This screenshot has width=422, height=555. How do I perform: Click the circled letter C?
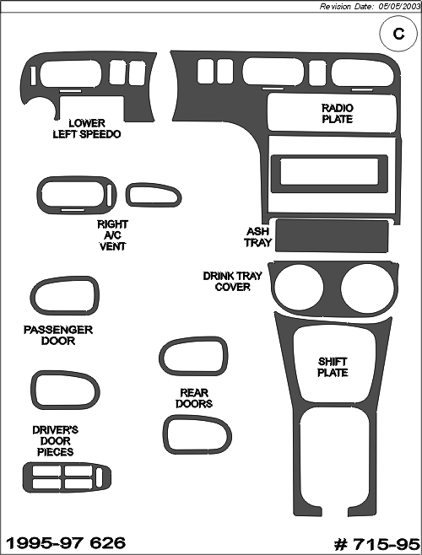(x=398, y=34)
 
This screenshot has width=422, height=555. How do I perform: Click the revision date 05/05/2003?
(x=398, y=7)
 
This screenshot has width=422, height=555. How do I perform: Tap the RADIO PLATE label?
(x=338, y=113)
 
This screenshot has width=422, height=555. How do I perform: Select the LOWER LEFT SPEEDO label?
(x=87, y=128)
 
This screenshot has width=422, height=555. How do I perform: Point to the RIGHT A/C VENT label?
(x=113, y=235)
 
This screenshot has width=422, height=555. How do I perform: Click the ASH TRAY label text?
(x=257, y=237)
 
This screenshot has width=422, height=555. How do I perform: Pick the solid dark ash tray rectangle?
(x=332, y=235)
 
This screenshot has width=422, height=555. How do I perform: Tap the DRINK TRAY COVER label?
(x=232, y=281)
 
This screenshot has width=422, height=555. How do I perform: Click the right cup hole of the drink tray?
(x=367, y=288)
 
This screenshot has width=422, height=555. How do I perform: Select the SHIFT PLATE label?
(x=333, y=367)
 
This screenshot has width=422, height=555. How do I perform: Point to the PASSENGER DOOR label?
(x=58, y=335)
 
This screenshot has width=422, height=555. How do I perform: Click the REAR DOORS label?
(x=194, y=398)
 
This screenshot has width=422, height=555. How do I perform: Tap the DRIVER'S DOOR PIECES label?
(x=55, y=440)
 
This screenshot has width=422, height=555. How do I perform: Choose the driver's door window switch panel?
(x=67, y=477)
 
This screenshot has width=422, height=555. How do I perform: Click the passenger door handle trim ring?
(x=34, y=296)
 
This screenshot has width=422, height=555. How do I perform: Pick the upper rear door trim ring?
(x=162, y=357)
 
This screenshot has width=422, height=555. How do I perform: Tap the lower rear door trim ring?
(x=166, y=434)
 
